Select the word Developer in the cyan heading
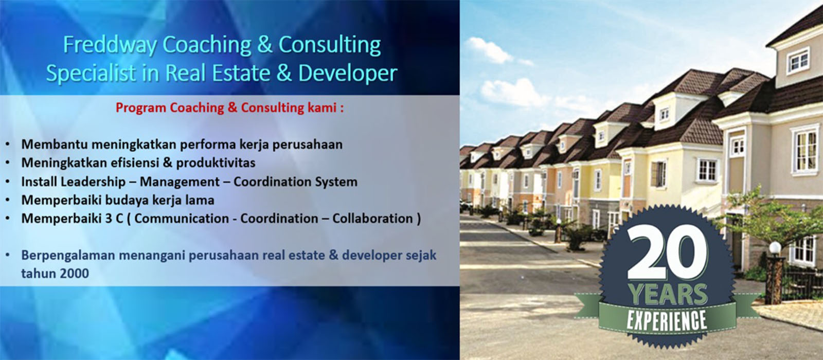(348, 73)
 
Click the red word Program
(141, 108)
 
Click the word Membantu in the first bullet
(55, 145)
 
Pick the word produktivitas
(216, 163)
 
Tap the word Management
(180, 182)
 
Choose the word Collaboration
(372, 219)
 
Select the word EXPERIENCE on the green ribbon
(667, 320)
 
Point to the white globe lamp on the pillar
(775, 247)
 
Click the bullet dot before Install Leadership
(8, 182)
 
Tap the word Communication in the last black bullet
(182, 219)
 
